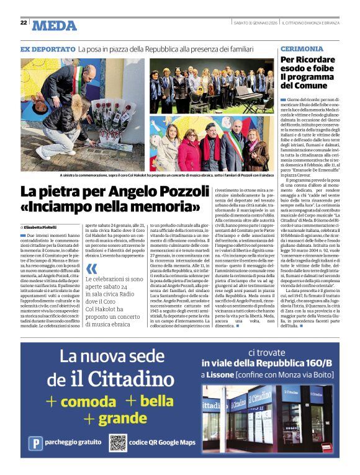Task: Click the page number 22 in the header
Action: [24, 23]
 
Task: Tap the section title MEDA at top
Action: [54, 25]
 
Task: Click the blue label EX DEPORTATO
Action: [48, 48]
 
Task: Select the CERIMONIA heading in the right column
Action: [301, 48]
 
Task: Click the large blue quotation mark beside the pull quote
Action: [92, 269]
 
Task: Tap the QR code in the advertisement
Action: [118, 442]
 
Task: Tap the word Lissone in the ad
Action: [223, 376]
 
